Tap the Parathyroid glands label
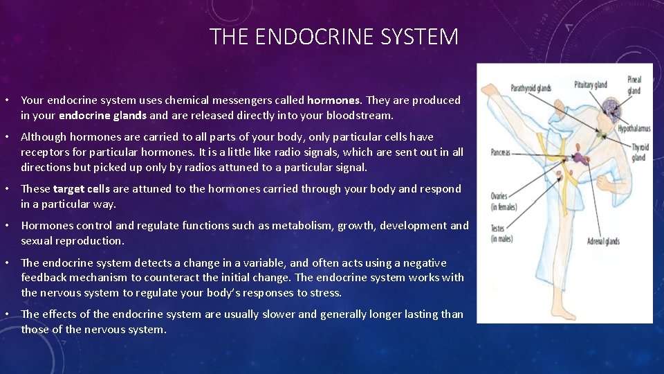[531, 88]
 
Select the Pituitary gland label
[590, 85]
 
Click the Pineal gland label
[634, 85]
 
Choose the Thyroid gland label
[639, 152]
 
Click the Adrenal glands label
[603, 242]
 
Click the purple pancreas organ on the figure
[579, 159]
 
